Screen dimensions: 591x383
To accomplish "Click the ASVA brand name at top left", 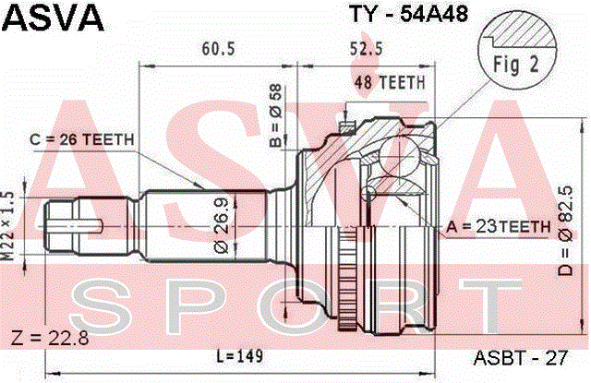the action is [x=54, y=18].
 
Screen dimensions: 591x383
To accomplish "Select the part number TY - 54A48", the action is [x=409, y=14].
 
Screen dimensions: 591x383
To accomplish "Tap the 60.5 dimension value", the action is [x=218, y=49].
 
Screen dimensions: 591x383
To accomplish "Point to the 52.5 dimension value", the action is [x=367, y=49].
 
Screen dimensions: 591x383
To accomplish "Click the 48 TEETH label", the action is [x=390, y=82].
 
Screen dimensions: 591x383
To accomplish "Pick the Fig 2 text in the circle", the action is [x=516, y=65].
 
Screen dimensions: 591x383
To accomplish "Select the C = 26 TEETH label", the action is [x=82, y=139].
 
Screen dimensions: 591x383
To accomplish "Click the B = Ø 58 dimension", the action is [x=275, y=115].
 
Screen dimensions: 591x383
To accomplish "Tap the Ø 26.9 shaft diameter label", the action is [x=222, y=225].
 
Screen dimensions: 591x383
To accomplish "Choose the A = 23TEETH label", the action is [x=499, y=227].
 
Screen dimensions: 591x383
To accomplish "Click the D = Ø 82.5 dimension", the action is [x=565, y=231].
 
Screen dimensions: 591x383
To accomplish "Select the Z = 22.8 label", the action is [x=51, y=338].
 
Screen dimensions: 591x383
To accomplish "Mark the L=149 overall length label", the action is [x=240, y=356].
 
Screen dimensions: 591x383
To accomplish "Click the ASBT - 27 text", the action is [x=521, y=358].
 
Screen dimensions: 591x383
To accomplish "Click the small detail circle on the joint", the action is [x=369, y=193].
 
